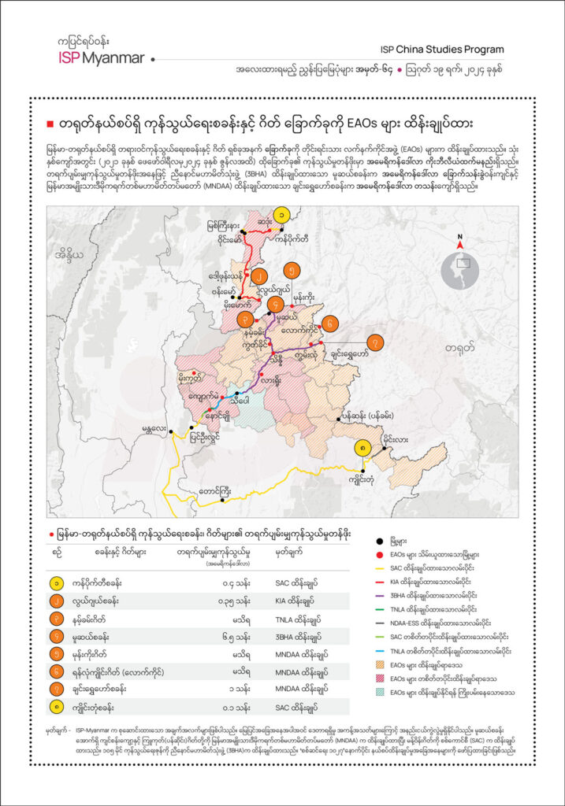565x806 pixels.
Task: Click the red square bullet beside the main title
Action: [50, 124]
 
